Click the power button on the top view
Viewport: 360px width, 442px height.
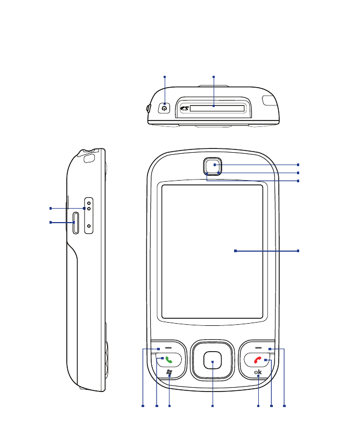pyautogui.click(x=165, y=108)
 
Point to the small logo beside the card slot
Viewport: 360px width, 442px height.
pyautogui.click(x=183, y=109)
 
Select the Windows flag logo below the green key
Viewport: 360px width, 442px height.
pyautogui.click(x=170, y=373)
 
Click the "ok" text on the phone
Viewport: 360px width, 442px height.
pyautogui.click(x=258, y=372)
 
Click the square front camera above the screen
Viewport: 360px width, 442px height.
pyautogui.click(x=214, y=165)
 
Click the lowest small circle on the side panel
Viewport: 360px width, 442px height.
pyautogui.click(x=89, y=226)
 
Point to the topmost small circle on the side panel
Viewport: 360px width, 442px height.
pyautogui.click(x=89, y=203)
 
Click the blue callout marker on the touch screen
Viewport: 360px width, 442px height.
pyautogui.click(x=235, y=251)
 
